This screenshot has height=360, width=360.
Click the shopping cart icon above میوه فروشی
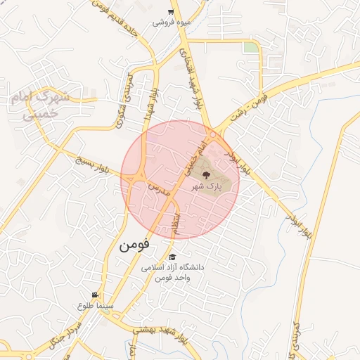pos(171,12)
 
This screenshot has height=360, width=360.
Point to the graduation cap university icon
pos(173,257)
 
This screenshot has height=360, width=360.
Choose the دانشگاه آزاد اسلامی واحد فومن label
pos(172,273)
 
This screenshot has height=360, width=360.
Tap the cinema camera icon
pos(95,295)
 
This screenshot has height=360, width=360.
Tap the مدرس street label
pos(157,188)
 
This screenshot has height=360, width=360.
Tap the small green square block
pos(250,47)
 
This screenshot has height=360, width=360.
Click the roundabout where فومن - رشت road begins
pos(212,134)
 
